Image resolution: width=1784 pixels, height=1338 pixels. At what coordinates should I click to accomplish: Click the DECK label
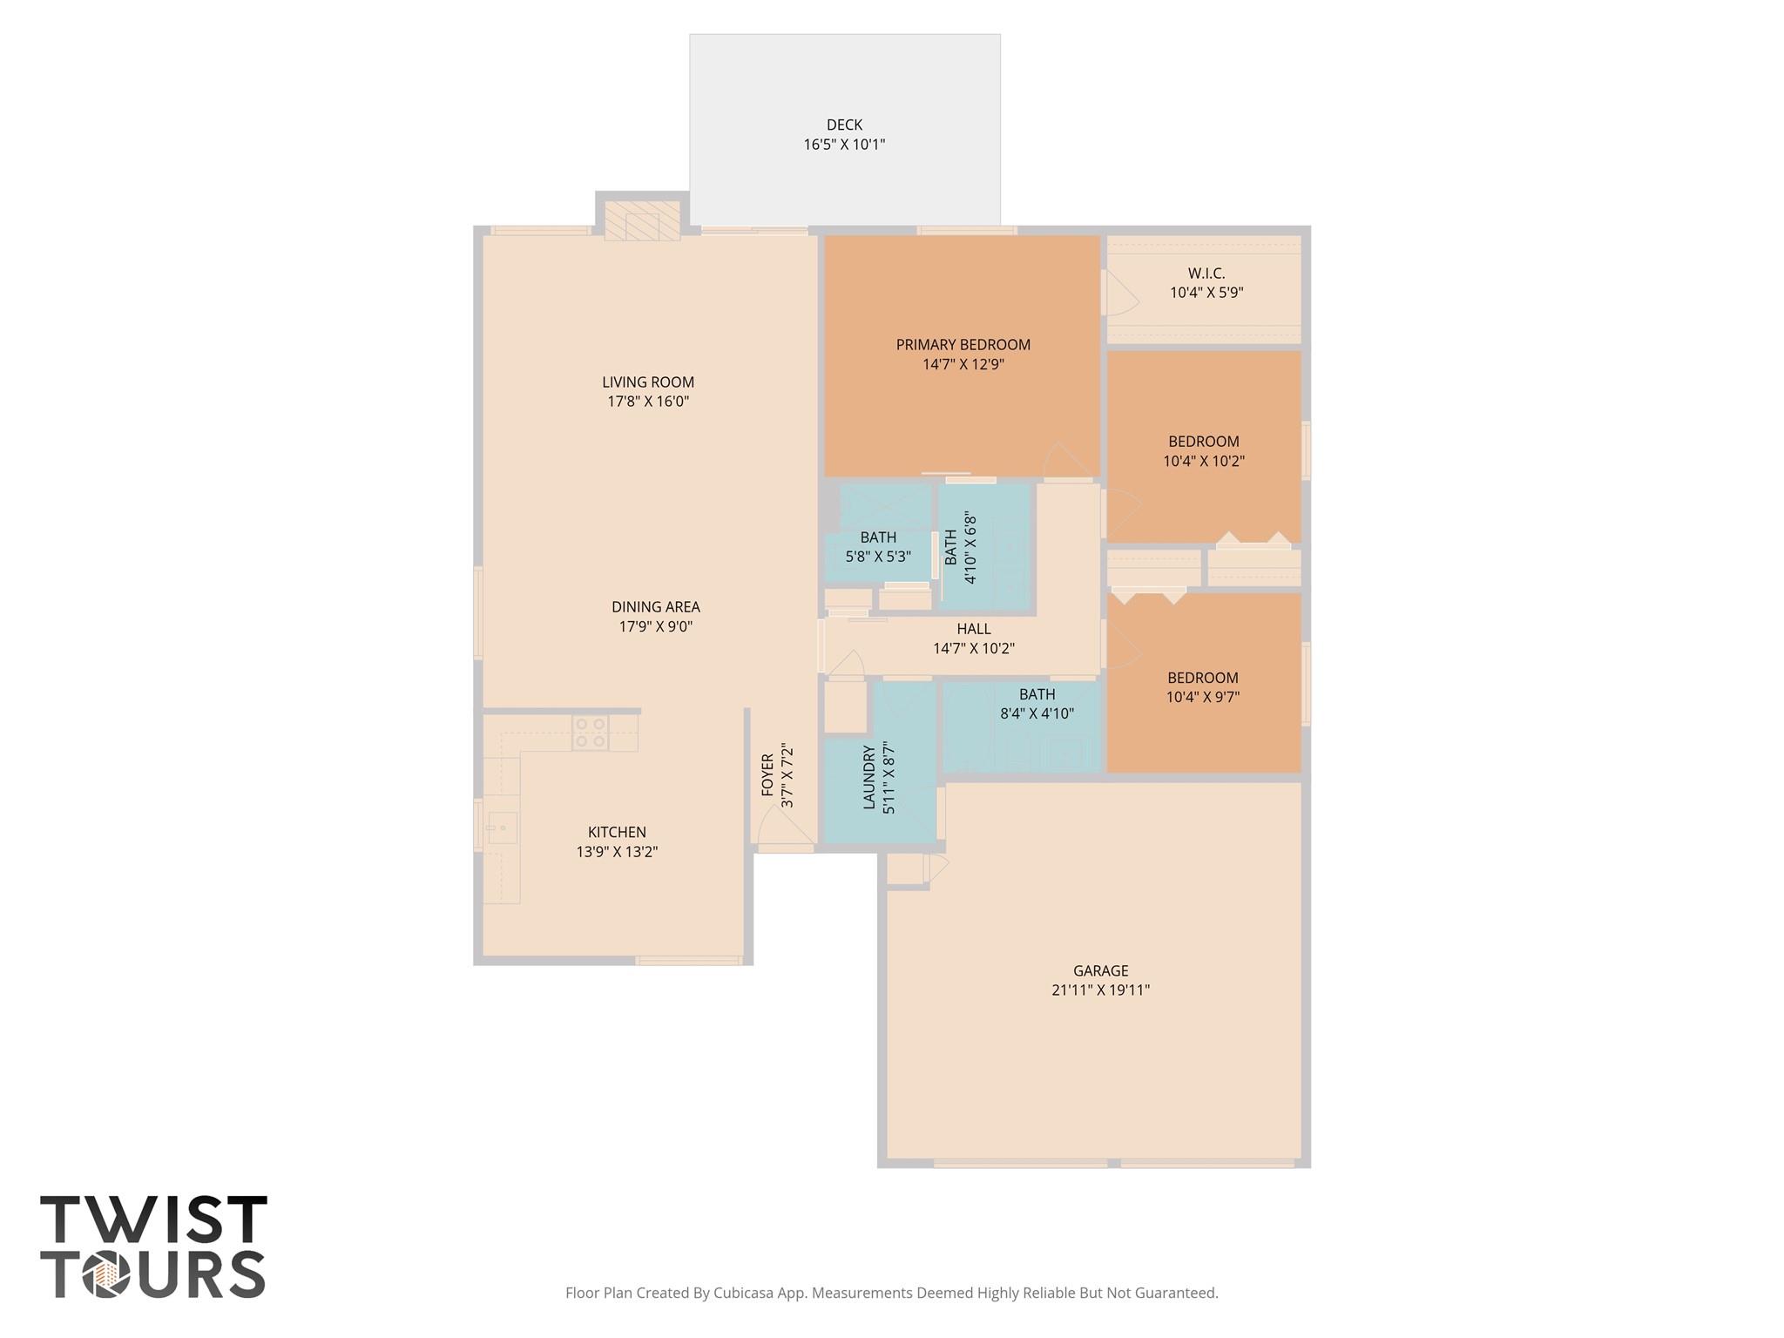pos(844,125)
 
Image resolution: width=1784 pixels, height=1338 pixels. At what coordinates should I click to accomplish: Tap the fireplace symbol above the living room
pos(642,220)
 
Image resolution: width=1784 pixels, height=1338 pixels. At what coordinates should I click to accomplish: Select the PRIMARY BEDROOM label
pos(963,345)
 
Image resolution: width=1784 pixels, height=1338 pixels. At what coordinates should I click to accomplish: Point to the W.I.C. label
pos(1206,274)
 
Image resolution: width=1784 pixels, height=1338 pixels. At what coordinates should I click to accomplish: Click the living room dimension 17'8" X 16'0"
pos(648,402)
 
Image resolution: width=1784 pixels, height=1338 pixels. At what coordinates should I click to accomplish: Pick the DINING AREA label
pos(656,607)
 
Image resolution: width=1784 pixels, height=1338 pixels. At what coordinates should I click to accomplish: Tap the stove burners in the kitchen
pos(590,733)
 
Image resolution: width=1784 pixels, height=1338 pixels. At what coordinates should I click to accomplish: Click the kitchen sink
pos(503,827)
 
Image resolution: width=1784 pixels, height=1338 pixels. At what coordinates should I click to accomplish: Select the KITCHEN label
pos(617,832)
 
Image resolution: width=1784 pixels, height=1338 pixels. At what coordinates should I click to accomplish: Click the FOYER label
pos(767,775)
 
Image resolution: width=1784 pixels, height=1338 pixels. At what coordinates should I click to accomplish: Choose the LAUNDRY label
pos(869,778)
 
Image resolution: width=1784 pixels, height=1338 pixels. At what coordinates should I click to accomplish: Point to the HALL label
pos(974,629)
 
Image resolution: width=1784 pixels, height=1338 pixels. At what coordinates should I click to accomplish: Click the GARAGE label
pos(1101,970)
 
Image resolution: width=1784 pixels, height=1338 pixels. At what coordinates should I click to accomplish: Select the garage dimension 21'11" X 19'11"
pos(1101,990)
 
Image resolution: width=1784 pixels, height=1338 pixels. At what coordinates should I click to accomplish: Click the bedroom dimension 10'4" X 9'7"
pos(1203,697)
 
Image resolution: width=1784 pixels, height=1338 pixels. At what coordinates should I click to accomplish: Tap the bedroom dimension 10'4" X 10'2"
pos(1204,461)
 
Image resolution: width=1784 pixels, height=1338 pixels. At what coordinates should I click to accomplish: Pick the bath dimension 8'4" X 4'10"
pos(1037,713)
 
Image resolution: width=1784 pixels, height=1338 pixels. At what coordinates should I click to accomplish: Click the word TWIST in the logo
pos(153,1220)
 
